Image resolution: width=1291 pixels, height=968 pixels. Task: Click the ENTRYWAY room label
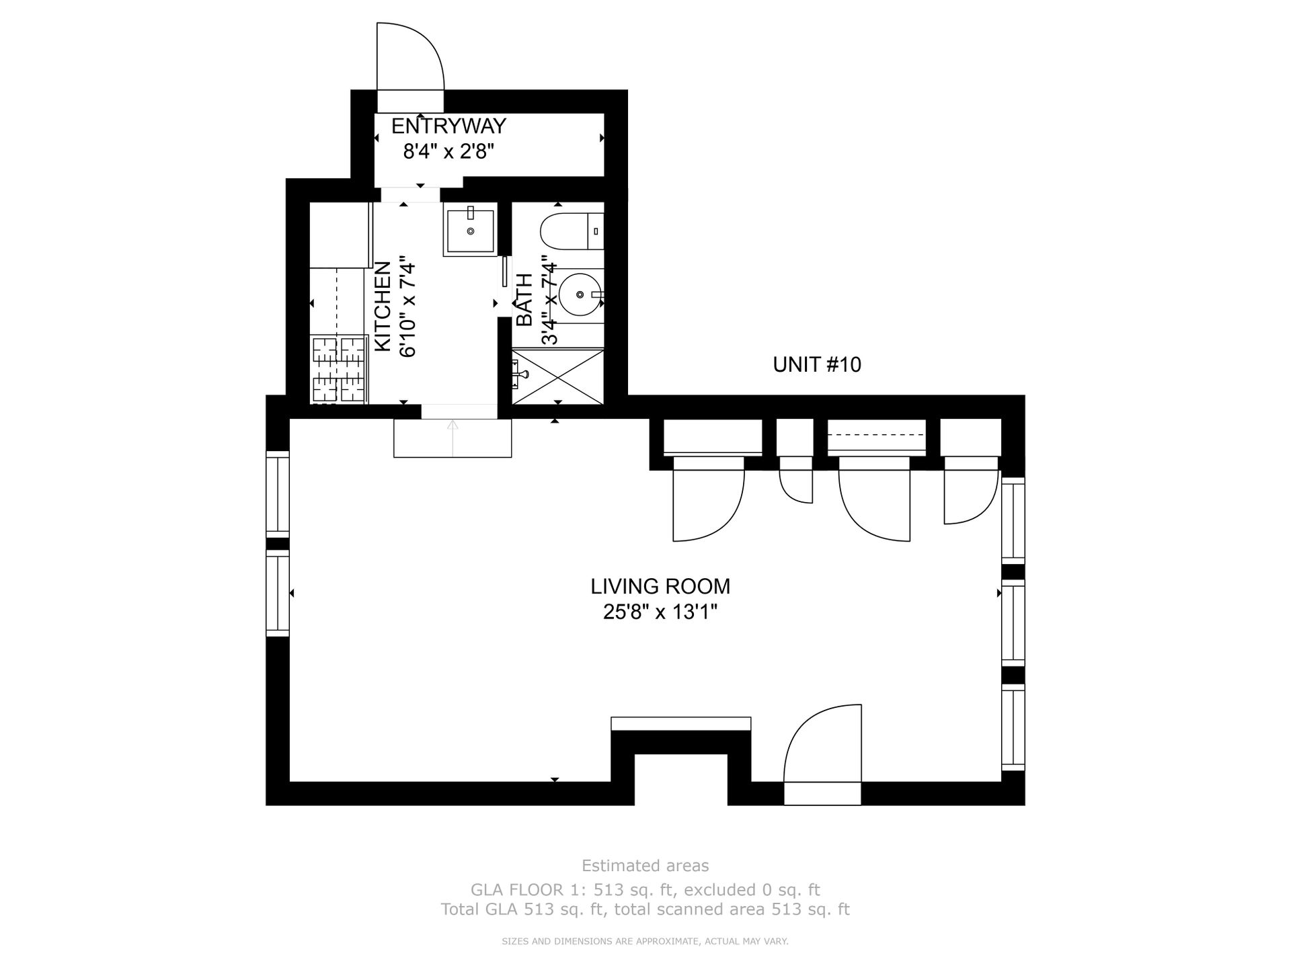(x=448, y=126)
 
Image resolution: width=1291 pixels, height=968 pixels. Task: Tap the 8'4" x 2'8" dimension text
(x=448, y=151)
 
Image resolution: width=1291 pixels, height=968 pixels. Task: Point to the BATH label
(x=524, y=300)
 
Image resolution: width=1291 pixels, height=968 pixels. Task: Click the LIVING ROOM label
(x=660, y=586)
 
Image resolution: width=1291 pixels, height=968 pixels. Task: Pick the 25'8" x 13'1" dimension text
(x=660, y=612)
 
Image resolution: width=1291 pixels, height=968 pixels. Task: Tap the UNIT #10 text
(x=817, y=364)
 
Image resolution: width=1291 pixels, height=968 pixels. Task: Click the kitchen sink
(x=470, y=229)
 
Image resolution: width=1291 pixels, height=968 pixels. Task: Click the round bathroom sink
(x=580, y=294)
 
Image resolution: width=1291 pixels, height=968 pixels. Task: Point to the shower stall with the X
(x=558, y=376)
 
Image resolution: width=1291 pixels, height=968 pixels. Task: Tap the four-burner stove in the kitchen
(x=340, y=369)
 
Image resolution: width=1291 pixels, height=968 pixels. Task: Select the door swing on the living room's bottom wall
(x=822, y=743)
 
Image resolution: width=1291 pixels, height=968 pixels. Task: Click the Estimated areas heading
(x=645, y=865)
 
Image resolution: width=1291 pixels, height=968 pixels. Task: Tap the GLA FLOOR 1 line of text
(x=645, y=890)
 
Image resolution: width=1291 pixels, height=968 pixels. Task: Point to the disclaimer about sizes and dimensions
(x=645, y=942)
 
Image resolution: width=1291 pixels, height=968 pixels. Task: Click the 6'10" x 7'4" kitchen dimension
(x=408, y=306)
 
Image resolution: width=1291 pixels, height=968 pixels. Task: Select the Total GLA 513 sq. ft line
(x=645, y=910)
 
